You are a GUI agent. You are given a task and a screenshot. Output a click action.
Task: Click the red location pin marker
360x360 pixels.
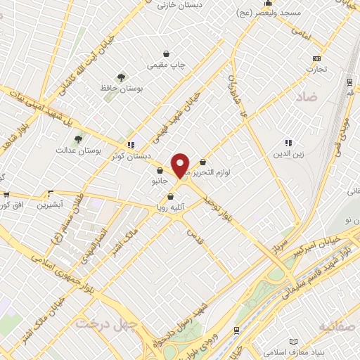(x=180, y=165)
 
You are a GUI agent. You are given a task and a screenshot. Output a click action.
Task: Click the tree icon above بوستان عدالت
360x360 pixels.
(x=78, y=139)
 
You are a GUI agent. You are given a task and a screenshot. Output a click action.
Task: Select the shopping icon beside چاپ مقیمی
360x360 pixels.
(x=167, y=53)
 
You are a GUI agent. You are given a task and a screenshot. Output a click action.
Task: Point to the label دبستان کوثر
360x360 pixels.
(x=128, y=155)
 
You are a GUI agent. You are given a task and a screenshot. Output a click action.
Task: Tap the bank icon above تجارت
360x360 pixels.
(x=317, y=58)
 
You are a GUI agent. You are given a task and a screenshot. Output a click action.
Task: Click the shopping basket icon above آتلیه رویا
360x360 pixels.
(x=171, y=197)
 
